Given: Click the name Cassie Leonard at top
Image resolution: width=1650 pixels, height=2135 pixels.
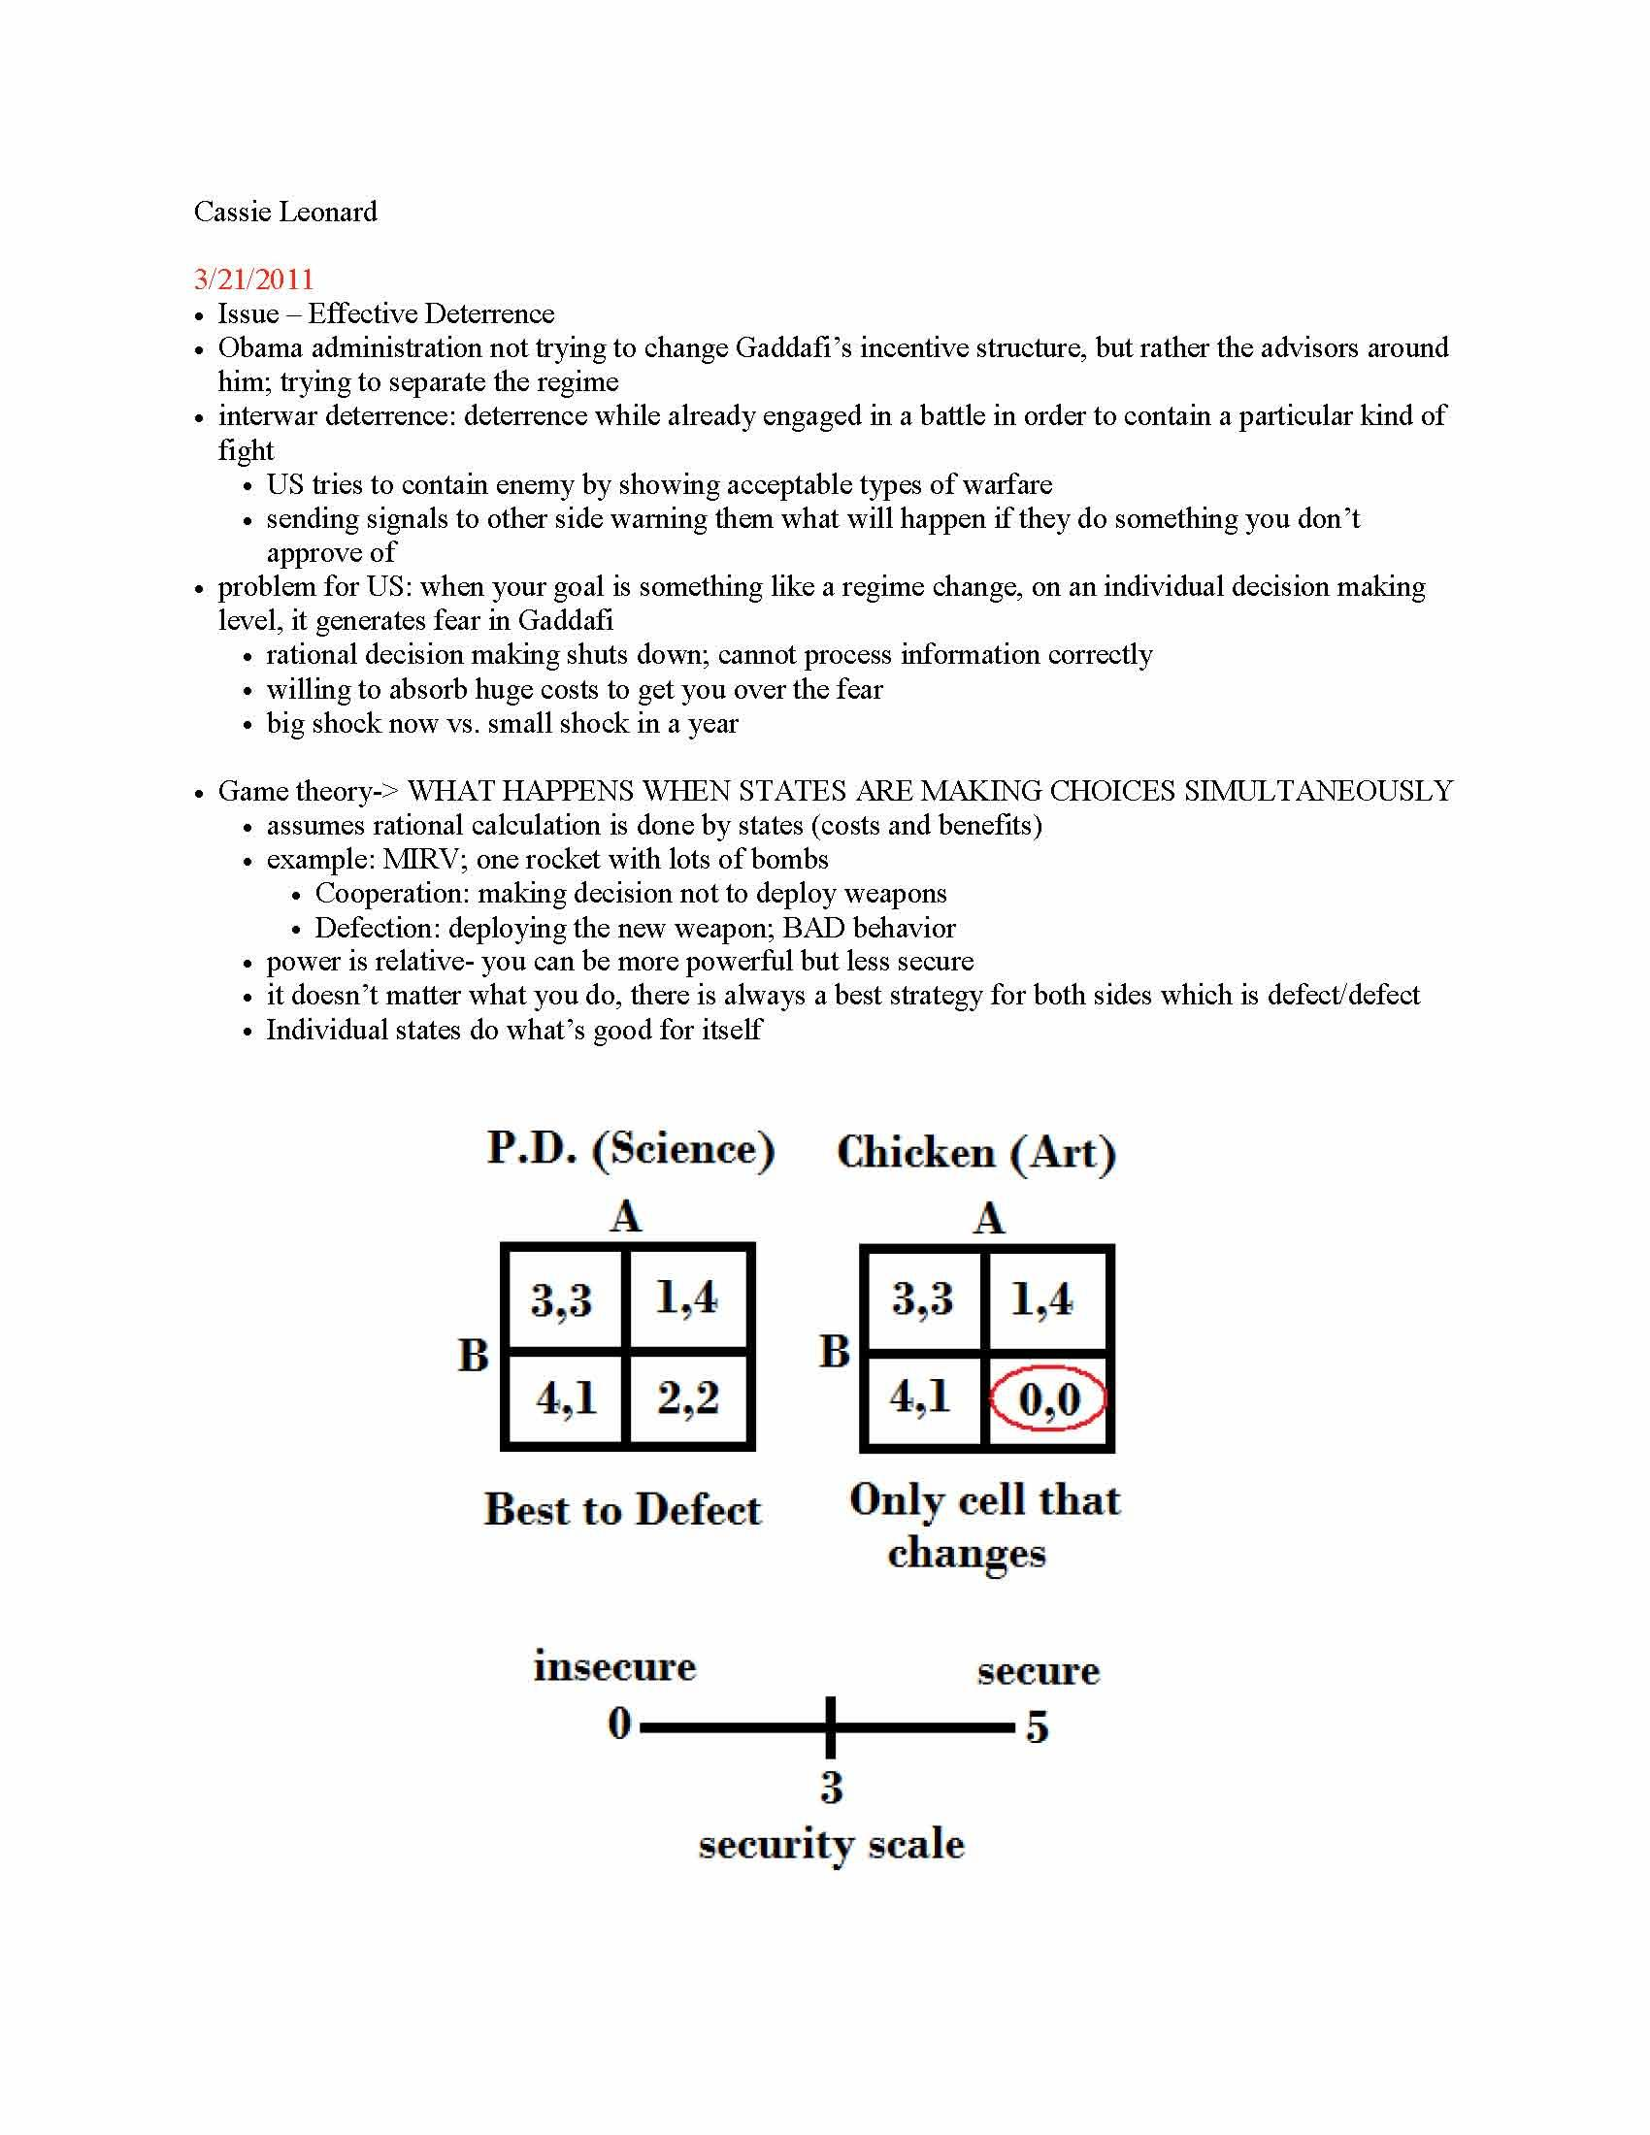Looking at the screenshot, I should [284, 213].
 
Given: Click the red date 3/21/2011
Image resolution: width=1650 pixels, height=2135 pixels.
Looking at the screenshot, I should [253, 279].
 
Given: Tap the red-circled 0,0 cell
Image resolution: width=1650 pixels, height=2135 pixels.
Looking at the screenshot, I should [1049, 1398].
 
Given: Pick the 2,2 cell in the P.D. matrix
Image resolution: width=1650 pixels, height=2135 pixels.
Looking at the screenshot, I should [688, 1397].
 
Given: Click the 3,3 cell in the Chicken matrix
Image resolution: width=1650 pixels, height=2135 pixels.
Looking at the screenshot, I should [922, 1299].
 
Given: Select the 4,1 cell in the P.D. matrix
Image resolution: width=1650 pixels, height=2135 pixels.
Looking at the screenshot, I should [565, 1397].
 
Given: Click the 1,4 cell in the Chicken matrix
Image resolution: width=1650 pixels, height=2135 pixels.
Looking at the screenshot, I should [1041, 1299].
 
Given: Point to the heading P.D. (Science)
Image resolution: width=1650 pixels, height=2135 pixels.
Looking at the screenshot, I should [631, 1149].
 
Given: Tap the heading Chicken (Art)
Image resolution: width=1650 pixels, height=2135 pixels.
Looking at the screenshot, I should [975, 1153].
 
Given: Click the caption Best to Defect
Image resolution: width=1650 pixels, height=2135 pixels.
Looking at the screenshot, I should [622, 1510].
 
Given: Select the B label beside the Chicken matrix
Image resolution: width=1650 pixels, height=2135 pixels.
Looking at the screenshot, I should [834, 1352].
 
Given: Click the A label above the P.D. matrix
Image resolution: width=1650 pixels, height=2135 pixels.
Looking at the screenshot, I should [626, 1218].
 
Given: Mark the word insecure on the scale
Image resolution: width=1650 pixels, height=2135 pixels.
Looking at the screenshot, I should [613, 1665].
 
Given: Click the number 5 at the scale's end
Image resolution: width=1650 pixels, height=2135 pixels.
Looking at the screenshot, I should [1038, 1728].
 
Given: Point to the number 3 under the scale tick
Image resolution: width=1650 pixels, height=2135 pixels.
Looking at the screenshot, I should [831, 1787].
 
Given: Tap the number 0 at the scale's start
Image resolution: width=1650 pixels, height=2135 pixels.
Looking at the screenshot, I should [620, 1724].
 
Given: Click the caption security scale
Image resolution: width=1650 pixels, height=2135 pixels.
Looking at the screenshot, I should [831, 1845].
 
